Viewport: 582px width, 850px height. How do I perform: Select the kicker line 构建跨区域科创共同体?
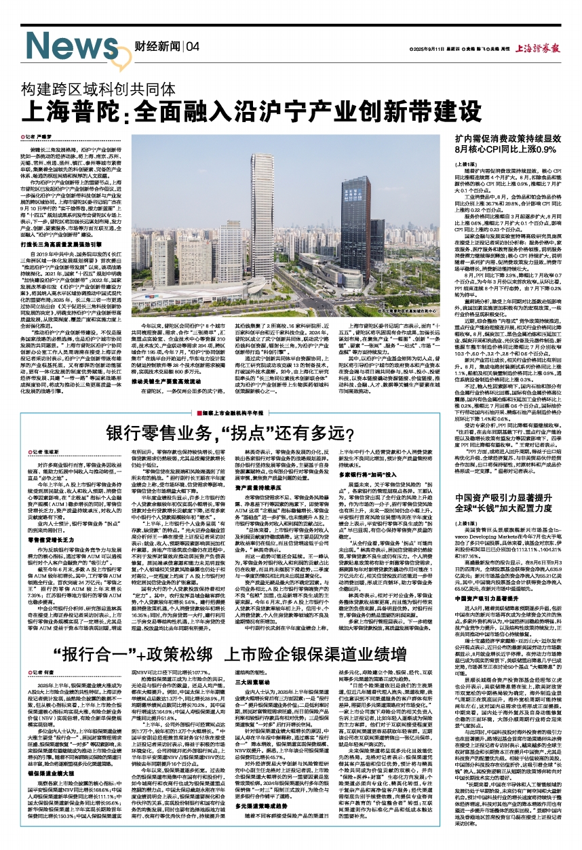point(99,89)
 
